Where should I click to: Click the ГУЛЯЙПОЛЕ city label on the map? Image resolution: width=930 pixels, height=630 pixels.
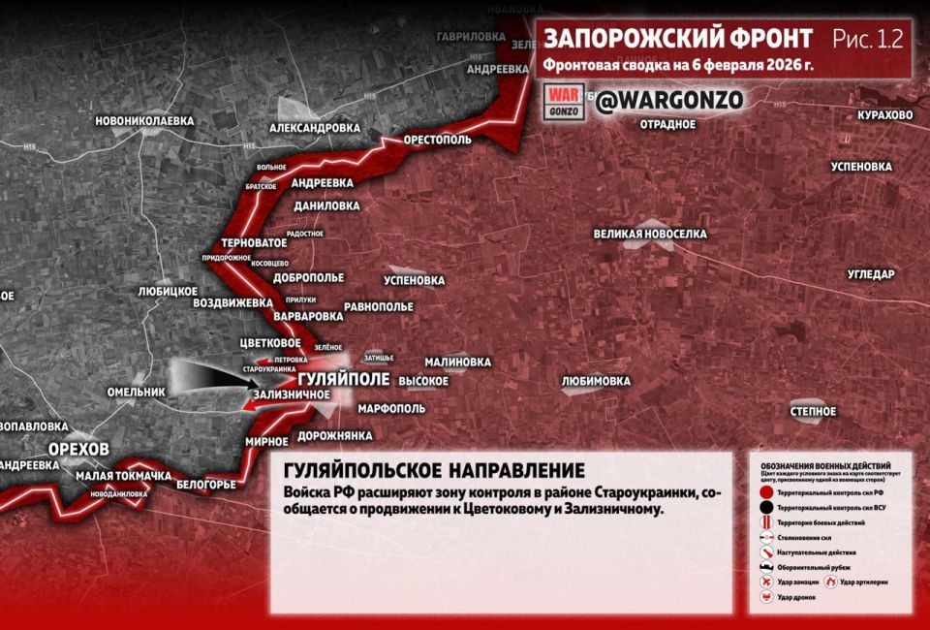(x=343, y=378)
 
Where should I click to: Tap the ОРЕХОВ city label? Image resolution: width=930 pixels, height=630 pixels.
(x=80, y=449)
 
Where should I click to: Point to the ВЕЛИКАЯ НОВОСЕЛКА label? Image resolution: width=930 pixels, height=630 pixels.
(x=650, y=235)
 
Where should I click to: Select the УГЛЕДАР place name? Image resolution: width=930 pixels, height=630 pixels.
(x=871, y=274)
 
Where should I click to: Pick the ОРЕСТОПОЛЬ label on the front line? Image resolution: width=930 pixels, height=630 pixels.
(x=438, y=140)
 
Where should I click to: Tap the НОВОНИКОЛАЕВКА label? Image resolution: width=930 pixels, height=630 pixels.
(x=144, y=121)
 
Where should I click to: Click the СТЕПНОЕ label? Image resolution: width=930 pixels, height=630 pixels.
(x=813, y=412)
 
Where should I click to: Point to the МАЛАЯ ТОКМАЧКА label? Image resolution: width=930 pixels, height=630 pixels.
(x=123, y=475)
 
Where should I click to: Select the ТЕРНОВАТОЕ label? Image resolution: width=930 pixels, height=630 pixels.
(x=254, y=242)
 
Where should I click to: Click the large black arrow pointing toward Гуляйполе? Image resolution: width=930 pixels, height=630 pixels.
(x=208, y=379)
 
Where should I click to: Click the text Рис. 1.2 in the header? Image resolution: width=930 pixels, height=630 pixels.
(x=867, y=39)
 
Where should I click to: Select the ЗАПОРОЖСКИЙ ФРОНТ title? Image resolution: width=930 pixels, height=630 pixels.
(x=678, y=39)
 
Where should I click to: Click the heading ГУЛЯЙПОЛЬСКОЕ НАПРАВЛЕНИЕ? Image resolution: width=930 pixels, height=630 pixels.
(x=434, y=470)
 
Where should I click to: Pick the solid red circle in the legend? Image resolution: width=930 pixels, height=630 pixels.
(x=765, y=492)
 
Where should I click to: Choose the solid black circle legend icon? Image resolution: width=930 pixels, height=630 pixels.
(x=765, y=507)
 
